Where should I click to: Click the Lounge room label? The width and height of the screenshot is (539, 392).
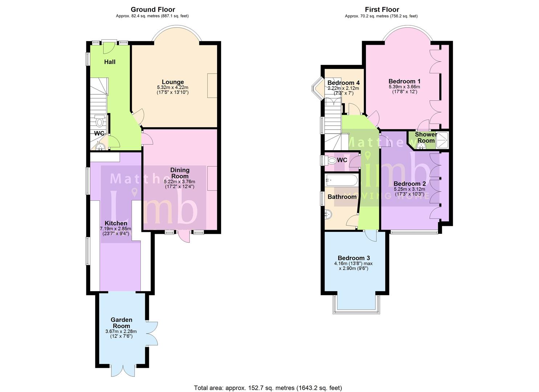[x=173, y=82]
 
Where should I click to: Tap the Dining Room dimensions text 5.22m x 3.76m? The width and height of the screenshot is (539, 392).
[x=179, y=182]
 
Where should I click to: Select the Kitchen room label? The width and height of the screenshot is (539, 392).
[x=116, y=223]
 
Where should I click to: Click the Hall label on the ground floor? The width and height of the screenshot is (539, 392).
[x=110, y=62]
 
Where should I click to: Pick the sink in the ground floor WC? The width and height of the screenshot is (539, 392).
[x=100, y=147]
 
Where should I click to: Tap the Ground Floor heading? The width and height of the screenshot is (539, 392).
[x=153, y=10]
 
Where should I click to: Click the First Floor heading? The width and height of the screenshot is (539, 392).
[x=382, y=10]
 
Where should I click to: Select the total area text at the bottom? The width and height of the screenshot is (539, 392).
[x=268, y=388]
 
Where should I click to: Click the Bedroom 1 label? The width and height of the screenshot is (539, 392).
[x=404, y=81]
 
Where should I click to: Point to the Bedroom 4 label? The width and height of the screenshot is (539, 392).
[x=343, y=83]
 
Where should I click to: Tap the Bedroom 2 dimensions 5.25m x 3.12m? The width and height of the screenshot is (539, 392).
[x=409, y=189]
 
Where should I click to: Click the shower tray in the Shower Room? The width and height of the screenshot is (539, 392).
[x=442, y=140]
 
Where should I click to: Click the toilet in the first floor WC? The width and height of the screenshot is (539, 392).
[x=331, y=160]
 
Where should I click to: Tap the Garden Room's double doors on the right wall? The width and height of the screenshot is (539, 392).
[x=152, y=333]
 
